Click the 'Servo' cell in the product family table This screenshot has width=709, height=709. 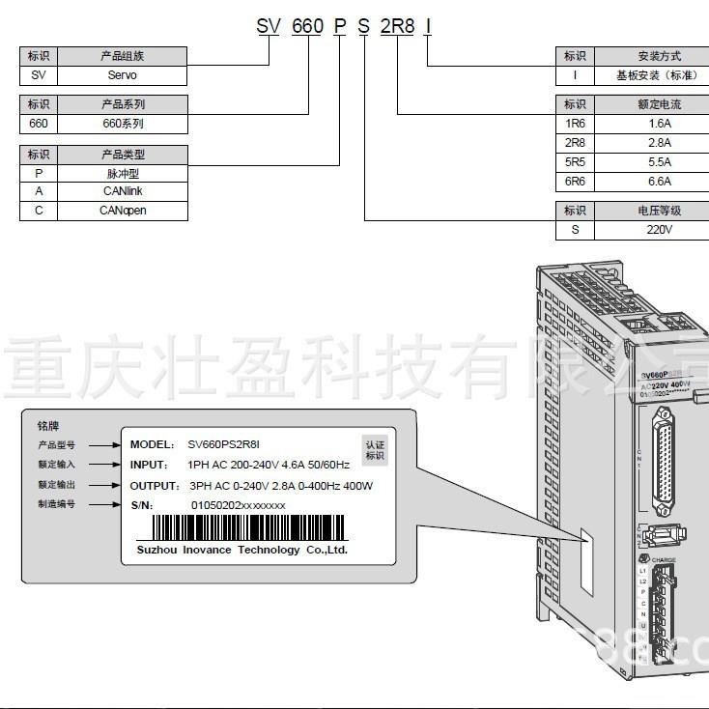tap(122, 74)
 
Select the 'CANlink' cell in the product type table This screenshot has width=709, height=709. tap(122, 191)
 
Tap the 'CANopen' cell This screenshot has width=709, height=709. tap(122, 210)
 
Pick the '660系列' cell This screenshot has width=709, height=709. tap(122, 124)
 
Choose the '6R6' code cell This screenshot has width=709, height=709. tap(575, 182)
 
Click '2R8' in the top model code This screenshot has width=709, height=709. tap(397, 26)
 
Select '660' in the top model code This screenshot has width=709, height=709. tap(307, 26)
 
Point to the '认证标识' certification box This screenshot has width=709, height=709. tap(374, 449)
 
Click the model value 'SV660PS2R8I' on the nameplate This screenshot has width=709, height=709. tap(223, 444)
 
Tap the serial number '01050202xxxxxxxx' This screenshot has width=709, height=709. tap(238, 504)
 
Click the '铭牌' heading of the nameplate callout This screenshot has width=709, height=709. tap(47, 425)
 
